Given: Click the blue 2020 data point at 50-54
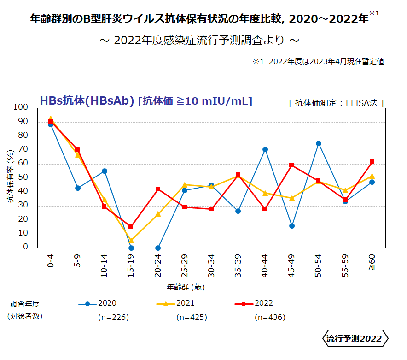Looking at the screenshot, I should coord(319,143).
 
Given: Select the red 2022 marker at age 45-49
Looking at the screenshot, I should coord(292,165).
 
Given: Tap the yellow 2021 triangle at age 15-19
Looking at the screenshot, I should coord(131,240).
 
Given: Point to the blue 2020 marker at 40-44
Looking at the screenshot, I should coord(265,149).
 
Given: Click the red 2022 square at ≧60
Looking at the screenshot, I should coord(372,162).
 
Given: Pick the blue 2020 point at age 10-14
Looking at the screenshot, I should coord(105,171).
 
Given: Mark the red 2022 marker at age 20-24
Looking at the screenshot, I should coord(158,189).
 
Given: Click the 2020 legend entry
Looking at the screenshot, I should coord(98,303).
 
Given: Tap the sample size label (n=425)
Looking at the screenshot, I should coord(192,317).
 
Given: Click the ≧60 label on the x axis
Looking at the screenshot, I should coord(372,261).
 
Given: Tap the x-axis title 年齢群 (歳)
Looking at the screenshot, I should coord(186,287).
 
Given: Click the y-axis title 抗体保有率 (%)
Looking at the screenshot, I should coord(10,177).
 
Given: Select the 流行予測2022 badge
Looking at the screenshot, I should coord(354,339).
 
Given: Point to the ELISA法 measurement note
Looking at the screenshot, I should coord(336,103).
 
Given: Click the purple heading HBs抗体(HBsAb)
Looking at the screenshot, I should coord(87,100).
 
